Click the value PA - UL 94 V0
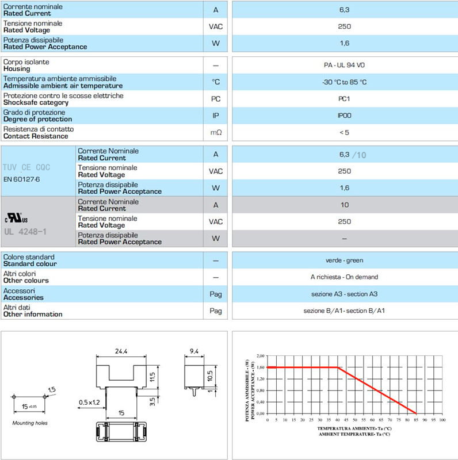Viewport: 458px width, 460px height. (x=343, y=65)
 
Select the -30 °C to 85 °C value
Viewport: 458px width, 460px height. (x=343, y=82)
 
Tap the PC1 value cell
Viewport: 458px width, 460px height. (x=343, y=99)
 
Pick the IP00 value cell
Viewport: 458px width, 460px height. (x=343, y=116)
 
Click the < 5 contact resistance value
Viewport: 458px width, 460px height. (x=343, y=132)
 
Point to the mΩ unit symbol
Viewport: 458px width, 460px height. (x=216, y=133)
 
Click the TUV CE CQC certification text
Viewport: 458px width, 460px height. (x=26, y=167)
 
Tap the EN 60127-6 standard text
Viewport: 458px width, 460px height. (x=22, y=179)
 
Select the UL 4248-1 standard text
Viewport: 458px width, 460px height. (x=26, y=232)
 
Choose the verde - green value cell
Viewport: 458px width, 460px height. (x=343, y=260)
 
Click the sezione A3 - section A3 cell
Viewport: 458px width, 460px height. (x=343, y=294)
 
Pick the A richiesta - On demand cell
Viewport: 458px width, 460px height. (x=343, y=277)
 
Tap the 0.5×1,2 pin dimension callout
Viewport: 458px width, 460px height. (x=90, y=401)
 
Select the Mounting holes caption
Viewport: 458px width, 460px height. (x=30, y=423)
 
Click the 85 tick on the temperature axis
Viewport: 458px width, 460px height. (x=415, y=420)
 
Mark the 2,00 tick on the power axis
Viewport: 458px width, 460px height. (x=259, y=355)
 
